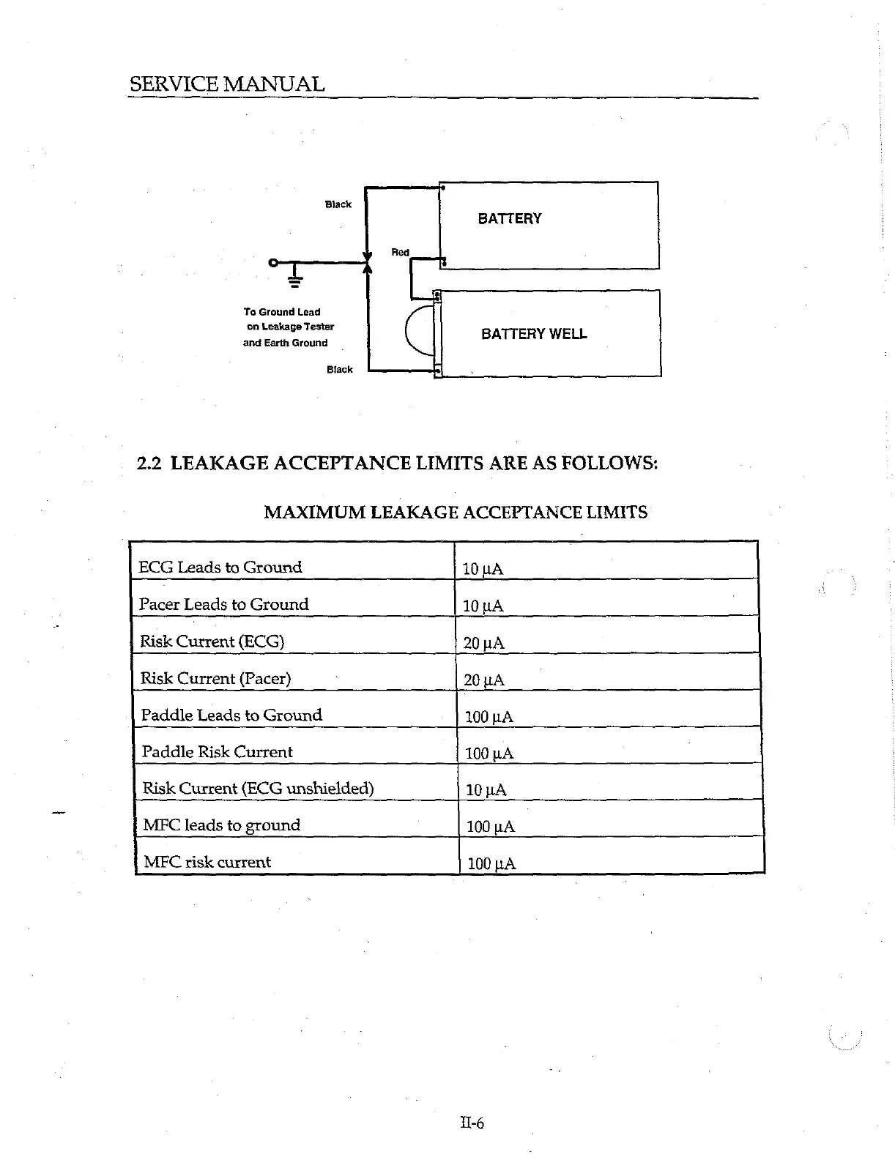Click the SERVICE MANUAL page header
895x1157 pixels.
click(227, 84)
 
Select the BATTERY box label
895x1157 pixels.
click(509, 218)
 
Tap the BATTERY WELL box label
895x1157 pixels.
click(534, 334)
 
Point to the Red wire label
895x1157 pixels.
click(400, 252)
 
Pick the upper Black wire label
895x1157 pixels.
click(338, 204)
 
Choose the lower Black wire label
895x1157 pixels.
click(339, 369)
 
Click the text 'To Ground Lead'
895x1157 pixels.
click(282, 312)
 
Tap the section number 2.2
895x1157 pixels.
click(149, 463)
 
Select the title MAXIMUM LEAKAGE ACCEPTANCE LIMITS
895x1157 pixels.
click(455, 512)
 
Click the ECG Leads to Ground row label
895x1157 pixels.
click(220, 567)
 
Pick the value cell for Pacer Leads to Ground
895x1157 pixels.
click(483, 606)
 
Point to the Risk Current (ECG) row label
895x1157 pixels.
click(212, 641)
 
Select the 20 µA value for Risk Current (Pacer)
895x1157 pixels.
click(484, 680)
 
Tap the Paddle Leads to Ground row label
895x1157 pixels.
click(231, 715)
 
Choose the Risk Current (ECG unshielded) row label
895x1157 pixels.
click(258, 788)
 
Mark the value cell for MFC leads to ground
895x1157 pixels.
click(490, 827)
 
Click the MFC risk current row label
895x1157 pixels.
click(207, 862)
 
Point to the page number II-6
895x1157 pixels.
click(472, 1123)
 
